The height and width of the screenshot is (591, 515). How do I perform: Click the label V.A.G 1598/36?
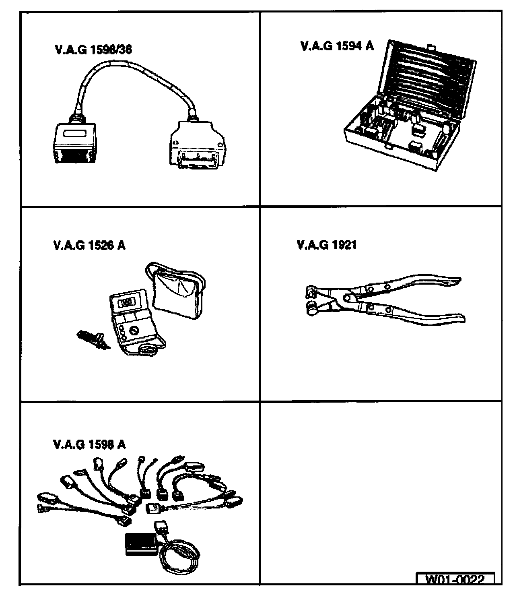(x=93, y=50)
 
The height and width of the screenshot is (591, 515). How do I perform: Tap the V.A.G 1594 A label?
(x=337, y=46)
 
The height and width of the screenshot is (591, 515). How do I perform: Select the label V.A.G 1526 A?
(x=89, y=245)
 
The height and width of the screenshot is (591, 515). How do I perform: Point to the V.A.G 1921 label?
(x=326, y=245)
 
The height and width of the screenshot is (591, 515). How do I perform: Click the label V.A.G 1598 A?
(x=89, y=444)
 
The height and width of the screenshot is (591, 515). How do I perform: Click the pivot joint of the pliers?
(x=347, y=297)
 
